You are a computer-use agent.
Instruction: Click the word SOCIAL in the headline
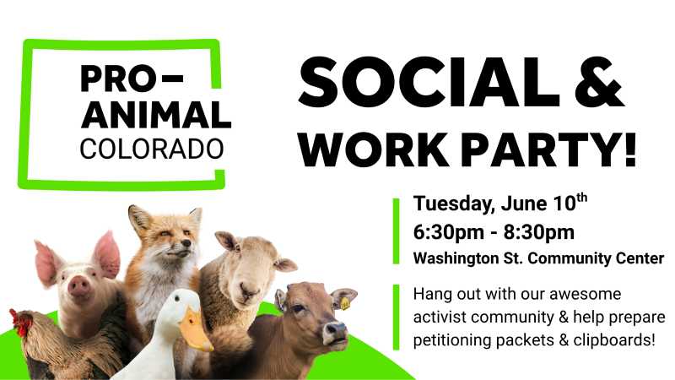(429, 82)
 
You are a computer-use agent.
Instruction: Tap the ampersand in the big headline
(600, 82)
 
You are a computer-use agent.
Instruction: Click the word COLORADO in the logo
(152, 149)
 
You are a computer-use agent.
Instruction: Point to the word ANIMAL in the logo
(156, 115)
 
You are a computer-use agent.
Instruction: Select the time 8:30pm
(539, 232)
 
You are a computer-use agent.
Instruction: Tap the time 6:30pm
(449, 232)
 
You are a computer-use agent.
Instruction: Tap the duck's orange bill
(195, 330)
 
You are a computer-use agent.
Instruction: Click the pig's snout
(79, 286)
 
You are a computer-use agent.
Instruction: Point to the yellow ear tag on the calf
(345, 304)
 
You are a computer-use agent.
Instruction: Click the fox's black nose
(186, 243)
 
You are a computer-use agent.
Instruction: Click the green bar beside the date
(396, 231)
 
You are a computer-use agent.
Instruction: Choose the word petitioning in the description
(452, 340)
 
